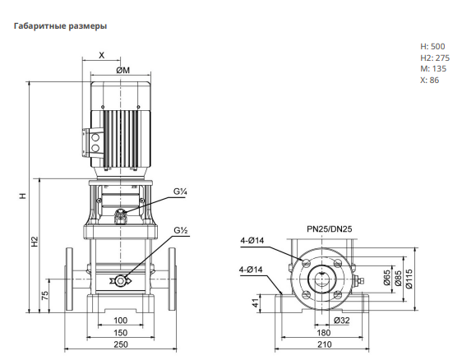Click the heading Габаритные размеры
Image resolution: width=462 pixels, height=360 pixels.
pos(60,26)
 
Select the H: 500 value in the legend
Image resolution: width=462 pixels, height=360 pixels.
pos(432,47)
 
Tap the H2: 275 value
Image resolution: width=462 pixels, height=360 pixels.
pos(435,58)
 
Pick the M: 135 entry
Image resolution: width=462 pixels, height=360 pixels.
pos(433,69)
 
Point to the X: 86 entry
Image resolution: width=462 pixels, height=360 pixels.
pos(430,80)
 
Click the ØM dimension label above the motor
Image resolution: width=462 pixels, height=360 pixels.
pos(122,71)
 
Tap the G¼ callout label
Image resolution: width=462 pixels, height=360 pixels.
pos(180,192)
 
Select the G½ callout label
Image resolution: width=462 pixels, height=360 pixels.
pos(181,230)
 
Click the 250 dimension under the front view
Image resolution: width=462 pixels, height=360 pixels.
pos(121,344)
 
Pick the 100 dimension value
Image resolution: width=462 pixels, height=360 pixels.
pos(121,321)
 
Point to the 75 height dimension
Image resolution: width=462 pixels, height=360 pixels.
pos(44,296)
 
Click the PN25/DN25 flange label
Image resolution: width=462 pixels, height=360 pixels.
pos(330,228)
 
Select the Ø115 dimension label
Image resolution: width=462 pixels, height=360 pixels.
pos(409,279)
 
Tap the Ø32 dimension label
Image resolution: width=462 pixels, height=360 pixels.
pos(342,321)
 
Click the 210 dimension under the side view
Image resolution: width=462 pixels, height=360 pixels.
pos(325,344)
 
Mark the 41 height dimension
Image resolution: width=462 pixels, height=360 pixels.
pos(256,302)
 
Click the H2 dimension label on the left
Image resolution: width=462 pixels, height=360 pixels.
pos(35,242)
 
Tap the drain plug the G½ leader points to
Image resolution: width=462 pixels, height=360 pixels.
pos(121,281)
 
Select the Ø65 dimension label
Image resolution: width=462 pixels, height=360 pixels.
pos(387,278)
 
